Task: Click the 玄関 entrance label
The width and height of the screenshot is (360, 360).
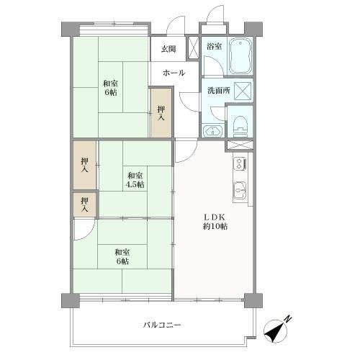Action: point(168,49)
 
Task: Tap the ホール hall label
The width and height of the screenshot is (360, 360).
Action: point(174,73)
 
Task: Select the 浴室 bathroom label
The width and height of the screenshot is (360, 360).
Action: point(214,47)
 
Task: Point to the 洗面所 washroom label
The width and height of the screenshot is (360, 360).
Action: point(218,91)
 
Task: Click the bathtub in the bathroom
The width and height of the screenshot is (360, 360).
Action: point(239,56)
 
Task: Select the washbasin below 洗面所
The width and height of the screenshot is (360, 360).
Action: point(212,130)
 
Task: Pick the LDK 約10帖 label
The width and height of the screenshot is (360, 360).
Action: point(214,221)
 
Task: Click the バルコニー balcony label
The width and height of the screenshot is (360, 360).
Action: point(161,325)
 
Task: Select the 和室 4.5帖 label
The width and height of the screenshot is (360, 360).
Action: point(135,179)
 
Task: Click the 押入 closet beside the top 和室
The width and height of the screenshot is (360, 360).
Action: point(161,112)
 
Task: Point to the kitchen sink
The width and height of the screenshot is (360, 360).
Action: point(239,191)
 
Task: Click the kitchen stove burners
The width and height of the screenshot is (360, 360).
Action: point(239,167)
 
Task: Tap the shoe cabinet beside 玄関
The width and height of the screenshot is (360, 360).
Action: point(193,48)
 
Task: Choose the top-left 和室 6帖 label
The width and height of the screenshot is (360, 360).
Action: point(110,88)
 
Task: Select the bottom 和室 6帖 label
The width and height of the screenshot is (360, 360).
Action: point(122,256)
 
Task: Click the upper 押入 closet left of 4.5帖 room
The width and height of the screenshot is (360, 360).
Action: point(85,165)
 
